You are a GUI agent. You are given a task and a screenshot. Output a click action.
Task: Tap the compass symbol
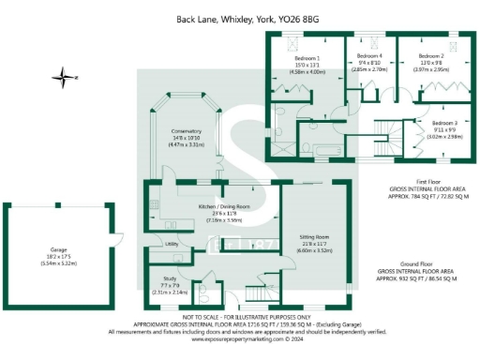pyautogui.click(x=62, y=75)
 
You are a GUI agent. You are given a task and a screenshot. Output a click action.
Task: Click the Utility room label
pyautogui.click(x=172, y=244)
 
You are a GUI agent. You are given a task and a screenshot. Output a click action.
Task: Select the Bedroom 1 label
pyautogui.click(x=305, y=57)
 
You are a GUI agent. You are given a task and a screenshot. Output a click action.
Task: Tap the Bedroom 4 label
pyautogui.click(x=369, y=57)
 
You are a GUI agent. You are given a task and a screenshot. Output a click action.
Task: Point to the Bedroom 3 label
pyautogui.click(x=444, y=123)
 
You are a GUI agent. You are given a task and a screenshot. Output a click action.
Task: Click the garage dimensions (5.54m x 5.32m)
pyautogui.click(x=59, y=267)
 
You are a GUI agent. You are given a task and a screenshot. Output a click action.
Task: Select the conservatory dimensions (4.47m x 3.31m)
pyautogui.click(x=186, y=145)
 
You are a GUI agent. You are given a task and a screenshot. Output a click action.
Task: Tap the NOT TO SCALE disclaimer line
pyautogui.click(x=239, y=318)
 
